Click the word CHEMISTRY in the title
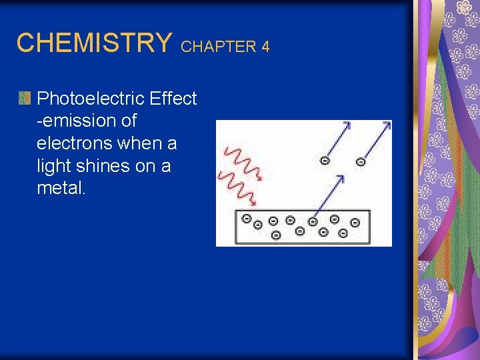pos(94,43)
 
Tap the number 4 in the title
pos(265,47)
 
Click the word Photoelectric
pos(91,99)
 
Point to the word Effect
pos(173,99)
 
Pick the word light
pos(53,166)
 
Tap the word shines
pos(102,166)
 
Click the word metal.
pos(61,189)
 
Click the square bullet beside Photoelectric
pos(25,99)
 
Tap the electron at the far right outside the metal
pos(361,161)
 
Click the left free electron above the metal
pos(325,160)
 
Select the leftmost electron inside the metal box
pos(247,219)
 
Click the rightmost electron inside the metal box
pos(355,221)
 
